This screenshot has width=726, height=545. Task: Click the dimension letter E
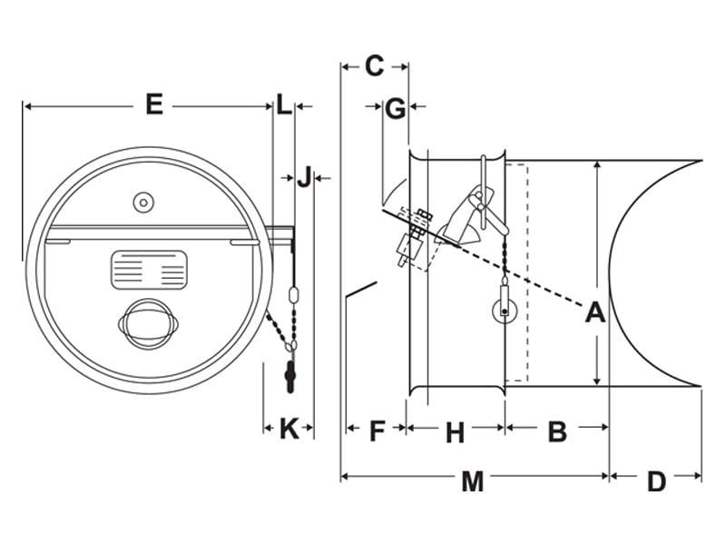point(154,104)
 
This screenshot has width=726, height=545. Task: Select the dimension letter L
point(284,104)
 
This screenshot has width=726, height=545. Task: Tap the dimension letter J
point(305,176)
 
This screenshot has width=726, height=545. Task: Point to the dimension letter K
point(289,428)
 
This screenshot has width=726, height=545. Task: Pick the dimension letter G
point(395,109)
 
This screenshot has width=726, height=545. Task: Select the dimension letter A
point(594,312)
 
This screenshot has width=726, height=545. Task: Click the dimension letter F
point(378,431)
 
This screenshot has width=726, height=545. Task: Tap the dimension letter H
point(455,433)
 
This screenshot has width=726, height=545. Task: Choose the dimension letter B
point(557,431)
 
